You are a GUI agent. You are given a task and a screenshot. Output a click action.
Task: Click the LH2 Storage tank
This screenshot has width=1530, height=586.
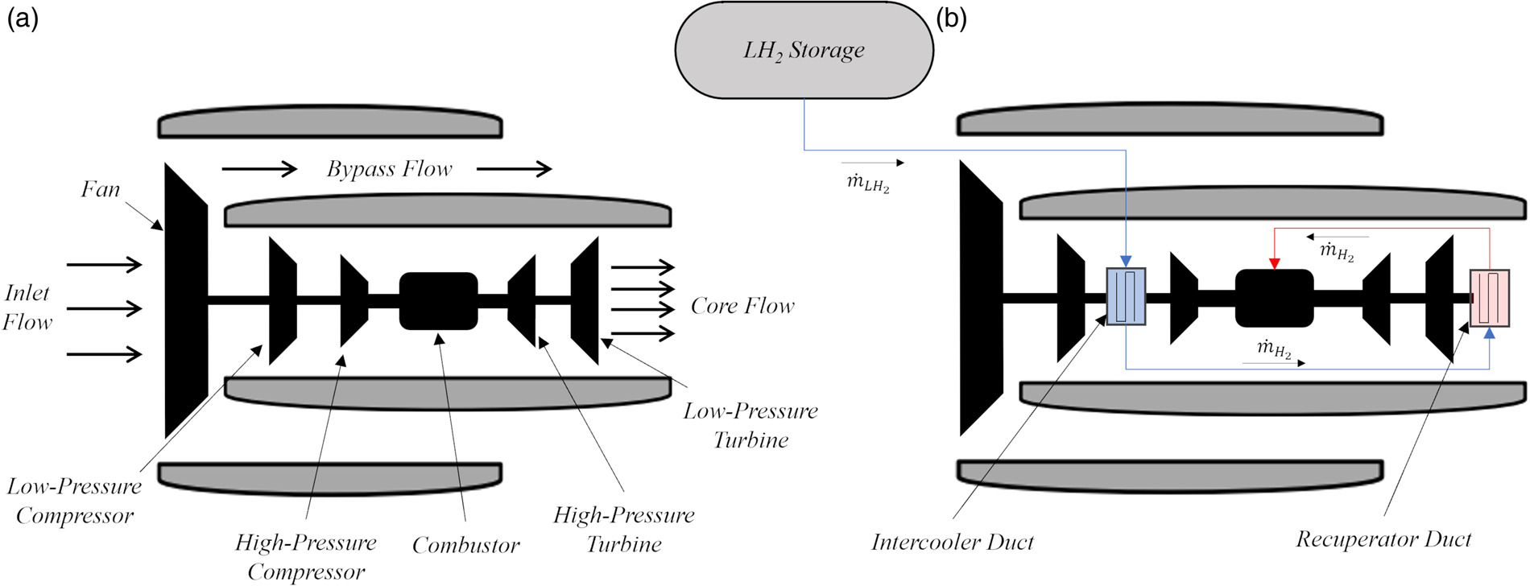coord(804,50)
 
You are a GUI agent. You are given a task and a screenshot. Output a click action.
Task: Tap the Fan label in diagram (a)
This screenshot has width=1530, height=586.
coord(101,190)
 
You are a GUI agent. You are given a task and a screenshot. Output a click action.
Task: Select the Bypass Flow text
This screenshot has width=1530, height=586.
coord(389,169)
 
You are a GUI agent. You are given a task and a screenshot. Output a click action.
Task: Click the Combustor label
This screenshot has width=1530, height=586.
coord(465,546)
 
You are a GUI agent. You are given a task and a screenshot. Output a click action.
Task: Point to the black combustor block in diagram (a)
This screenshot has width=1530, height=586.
coord(439,301)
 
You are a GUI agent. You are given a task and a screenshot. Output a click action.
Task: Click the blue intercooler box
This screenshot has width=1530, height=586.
coord(1126,296)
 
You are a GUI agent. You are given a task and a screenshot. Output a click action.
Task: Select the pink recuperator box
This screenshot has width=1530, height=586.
coord(1489,298)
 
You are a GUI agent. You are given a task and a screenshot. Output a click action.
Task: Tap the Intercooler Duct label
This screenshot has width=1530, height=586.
coord(953,543)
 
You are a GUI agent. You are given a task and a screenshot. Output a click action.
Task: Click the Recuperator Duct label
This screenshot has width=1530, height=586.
coord(1383,539)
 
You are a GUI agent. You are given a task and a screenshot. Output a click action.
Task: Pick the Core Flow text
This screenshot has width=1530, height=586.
coord(742,306)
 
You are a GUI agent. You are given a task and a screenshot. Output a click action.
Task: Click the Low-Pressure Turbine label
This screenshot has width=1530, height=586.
coord(751,425)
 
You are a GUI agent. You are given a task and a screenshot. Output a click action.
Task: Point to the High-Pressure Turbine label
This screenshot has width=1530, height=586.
coord(624,529)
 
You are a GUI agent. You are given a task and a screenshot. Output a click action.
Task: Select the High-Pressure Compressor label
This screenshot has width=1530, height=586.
coord(306,557)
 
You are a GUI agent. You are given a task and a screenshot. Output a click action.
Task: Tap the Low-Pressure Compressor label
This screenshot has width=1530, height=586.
coord(74,501)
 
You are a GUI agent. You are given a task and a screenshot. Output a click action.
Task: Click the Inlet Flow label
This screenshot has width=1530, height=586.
coord(27,307)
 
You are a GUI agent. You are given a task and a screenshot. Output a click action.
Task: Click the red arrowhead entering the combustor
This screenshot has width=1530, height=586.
coord(1274,263)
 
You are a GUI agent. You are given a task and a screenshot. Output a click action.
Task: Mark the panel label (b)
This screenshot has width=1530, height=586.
coord(951,18)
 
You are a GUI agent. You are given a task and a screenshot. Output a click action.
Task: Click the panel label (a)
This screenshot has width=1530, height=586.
coord(22,18)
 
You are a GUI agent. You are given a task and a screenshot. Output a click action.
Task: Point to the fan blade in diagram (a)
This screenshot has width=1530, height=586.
coord(186,300)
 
